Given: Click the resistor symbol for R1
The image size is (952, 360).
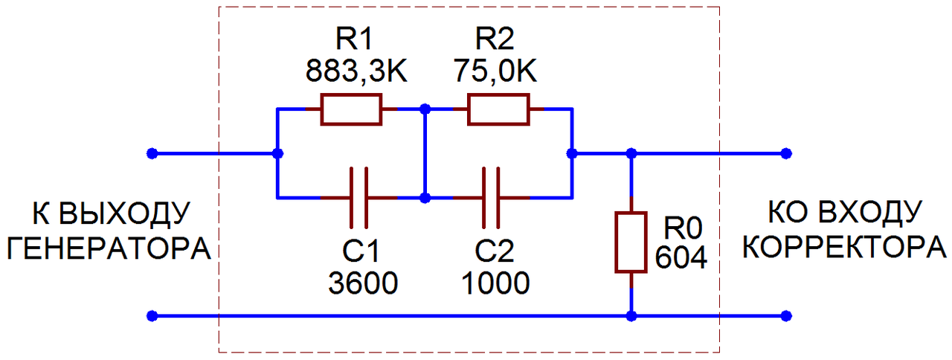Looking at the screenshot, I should [x=351, y=109].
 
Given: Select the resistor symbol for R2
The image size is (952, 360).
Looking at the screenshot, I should [x=498, y=109].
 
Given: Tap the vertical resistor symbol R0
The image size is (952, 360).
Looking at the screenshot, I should [x=631, y=242].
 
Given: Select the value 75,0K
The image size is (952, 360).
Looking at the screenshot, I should [x=496, y=71].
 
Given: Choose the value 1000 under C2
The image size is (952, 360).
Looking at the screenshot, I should [x=495, y=283].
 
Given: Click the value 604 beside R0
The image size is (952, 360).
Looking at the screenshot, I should [x=681, y=257].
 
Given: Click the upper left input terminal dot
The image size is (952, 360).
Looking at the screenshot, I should [x=152, y=154].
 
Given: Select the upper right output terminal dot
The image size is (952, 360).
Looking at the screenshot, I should [x=786, y=154].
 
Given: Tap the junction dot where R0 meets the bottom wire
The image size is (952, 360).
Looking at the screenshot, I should [x=631, y=316].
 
